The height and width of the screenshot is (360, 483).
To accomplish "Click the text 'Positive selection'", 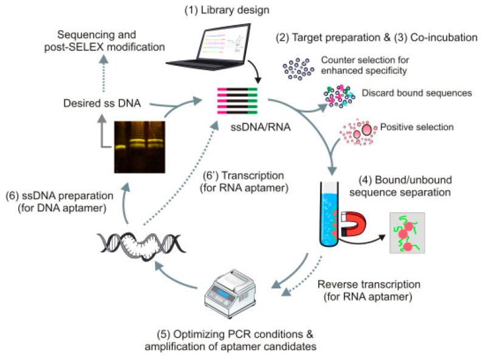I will tap(416, 127).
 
